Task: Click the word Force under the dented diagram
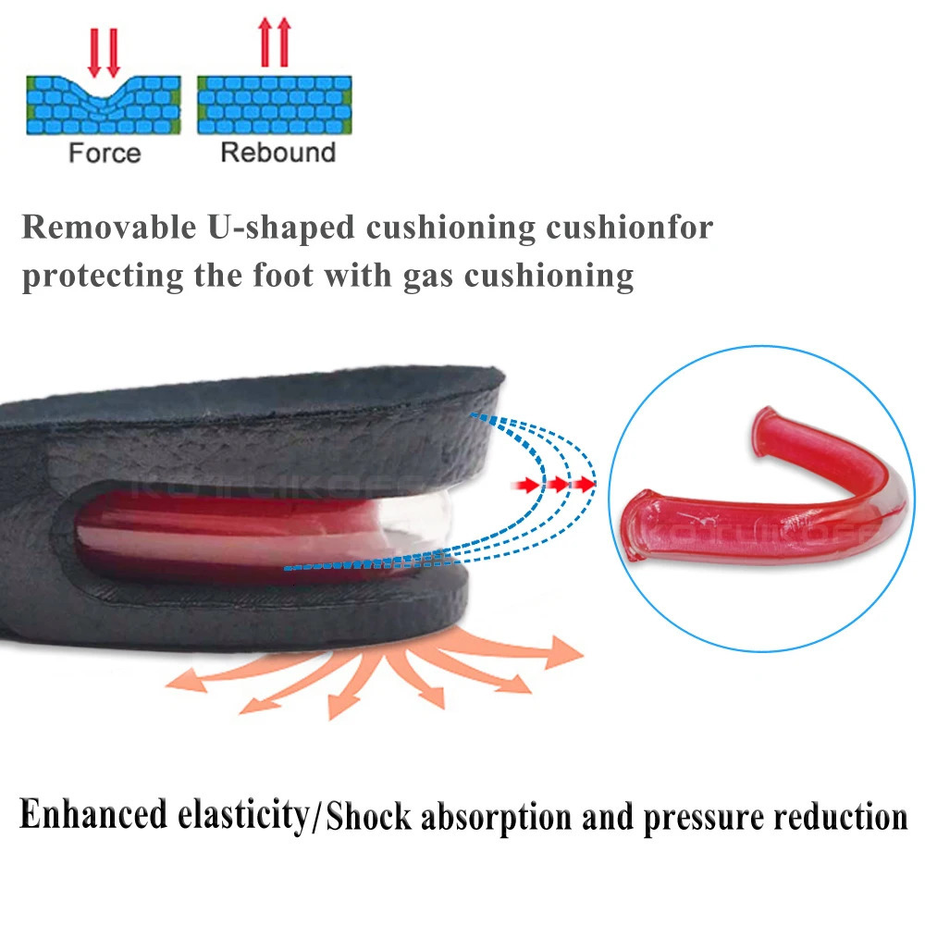(105, 153)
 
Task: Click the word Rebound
(277, 152)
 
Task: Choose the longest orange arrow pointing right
(518, 653)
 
